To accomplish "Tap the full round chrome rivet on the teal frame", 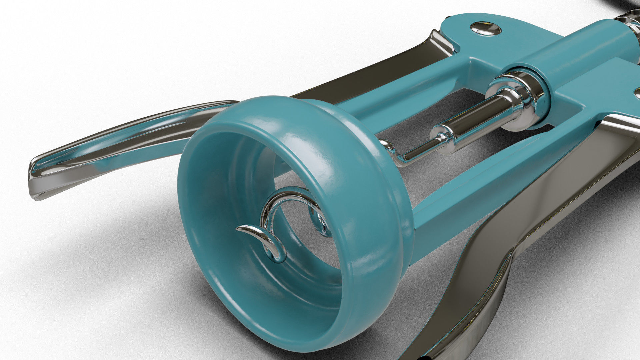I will [x=486, y=28].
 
